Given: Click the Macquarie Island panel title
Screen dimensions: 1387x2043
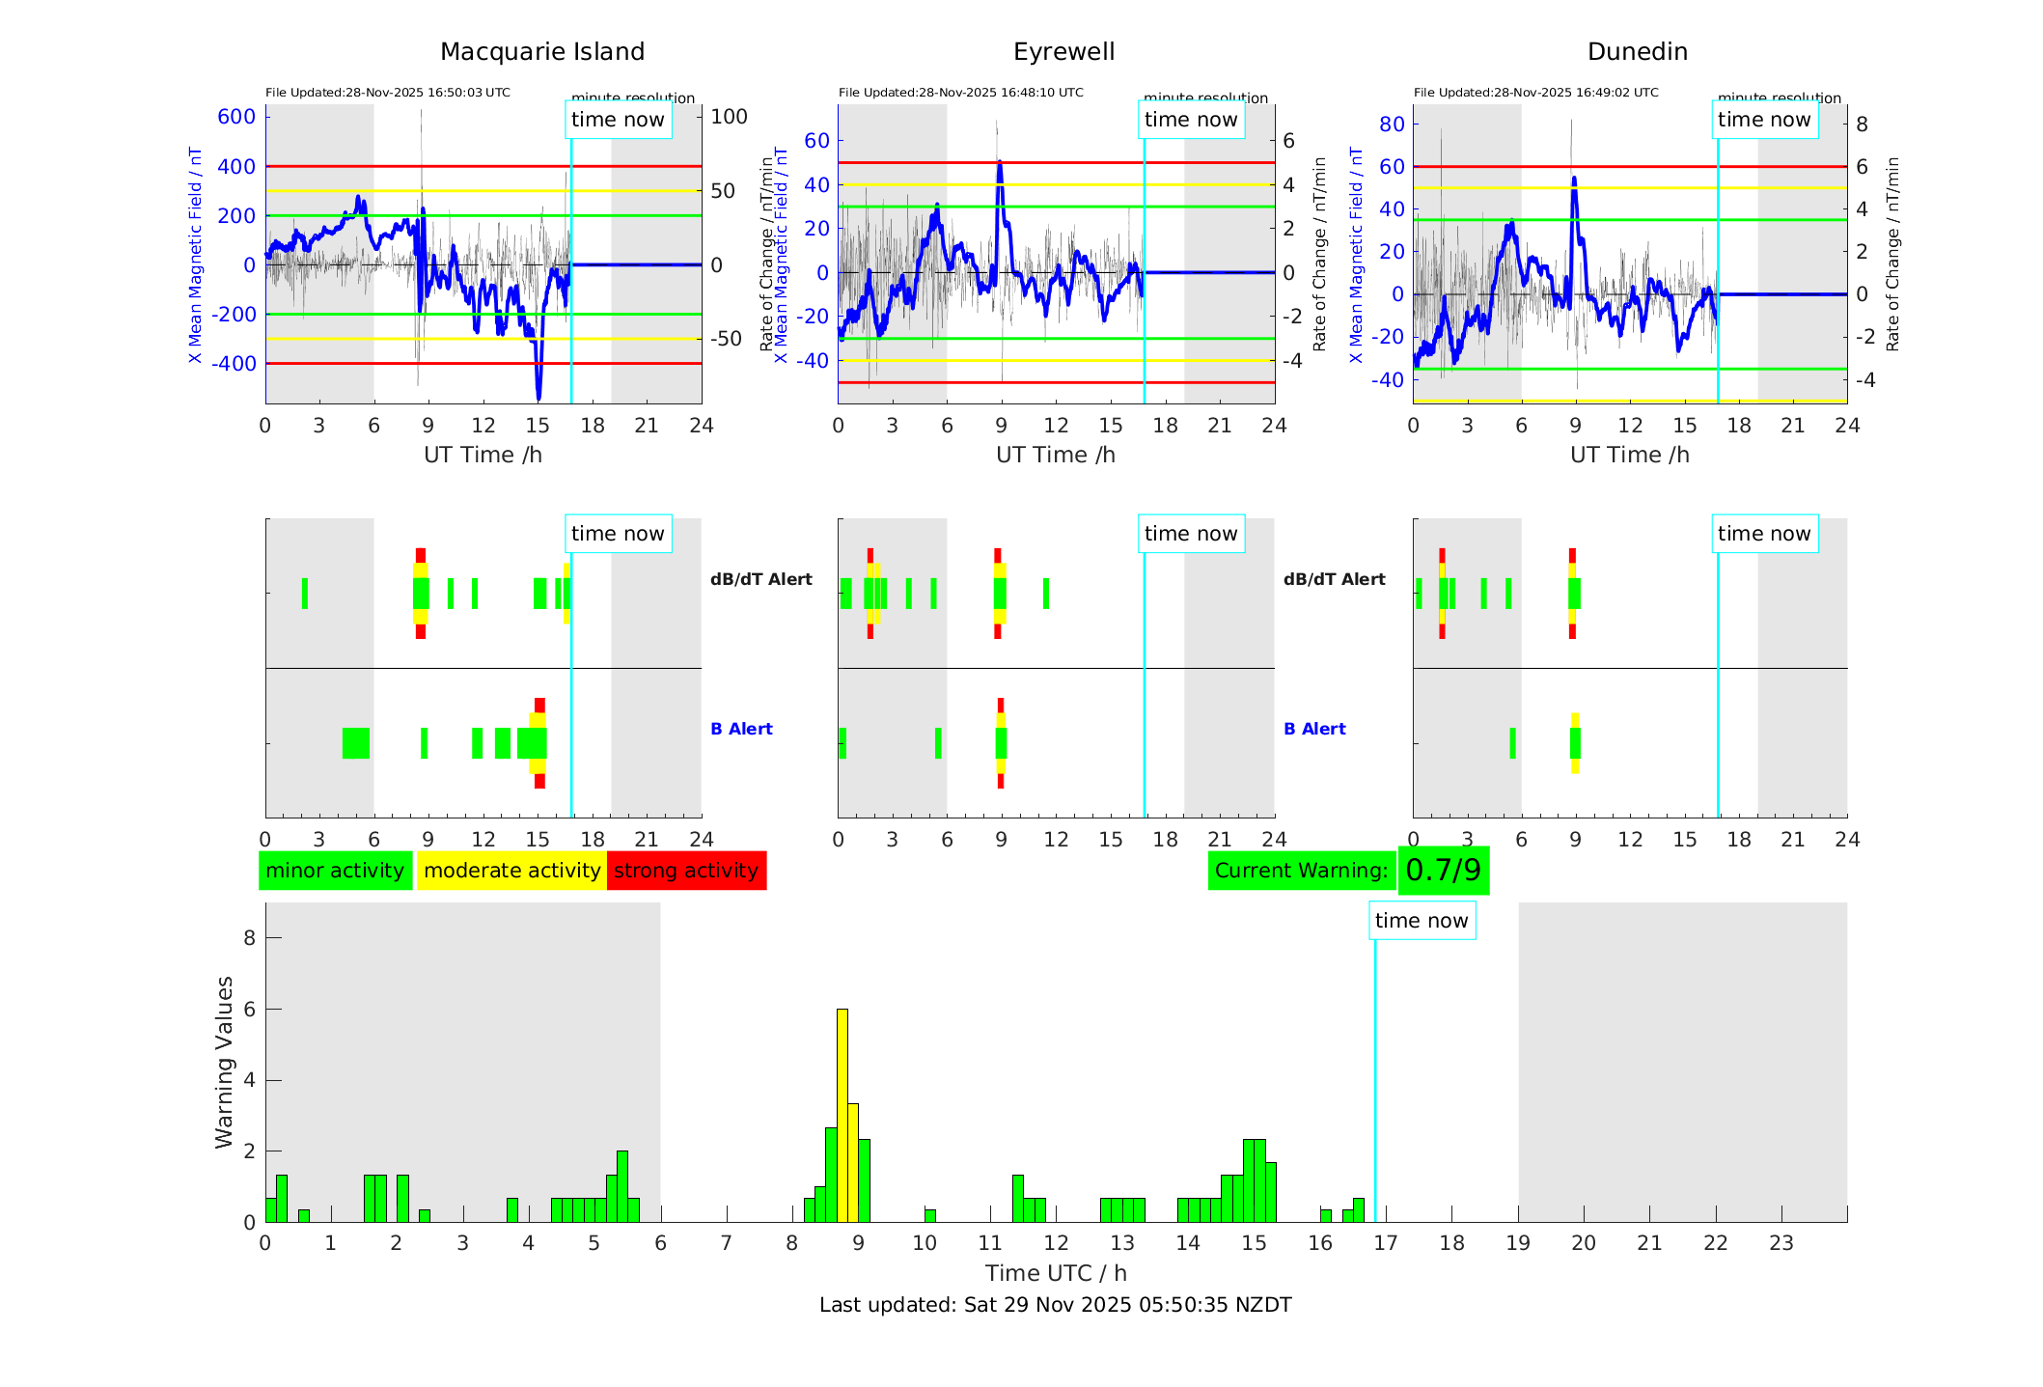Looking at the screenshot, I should (x=541, y=52).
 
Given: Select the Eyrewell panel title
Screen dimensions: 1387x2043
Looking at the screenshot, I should (x=1063, y=52).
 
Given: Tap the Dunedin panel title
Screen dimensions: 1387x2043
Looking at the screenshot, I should (x=1637, y=52).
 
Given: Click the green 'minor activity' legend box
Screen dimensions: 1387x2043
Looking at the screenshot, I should (x=335, y=871).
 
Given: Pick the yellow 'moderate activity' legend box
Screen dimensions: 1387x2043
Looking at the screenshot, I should (x=511, y=871).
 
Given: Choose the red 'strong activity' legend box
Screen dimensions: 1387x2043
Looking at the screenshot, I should (x=686, y=871).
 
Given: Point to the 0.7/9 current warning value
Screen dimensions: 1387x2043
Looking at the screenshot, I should (x=1443, y=871).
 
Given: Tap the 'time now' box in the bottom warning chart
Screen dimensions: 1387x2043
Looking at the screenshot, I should (x=1421, y=921).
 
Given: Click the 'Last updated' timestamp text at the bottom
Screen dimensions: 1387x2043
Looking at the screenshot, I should (x=1055, y=1305).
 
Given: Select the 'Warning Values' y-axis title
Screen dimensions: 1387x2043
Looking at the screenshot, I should (x=224, y=1062).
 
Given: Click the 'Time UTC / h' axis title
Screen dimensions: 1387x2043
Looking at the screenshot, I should (x=1055, y=1273).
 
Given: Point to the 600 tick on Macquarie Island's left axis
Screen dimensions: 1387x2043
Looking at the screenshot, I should (x=236, y=117).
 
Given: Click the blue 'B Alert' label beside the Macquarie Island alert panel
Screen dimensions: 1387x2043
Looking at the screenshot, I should (x=741, y=729).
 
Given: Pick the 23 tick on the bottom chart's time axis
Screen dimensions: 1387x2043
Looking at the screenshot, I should (x=1781, y=1243).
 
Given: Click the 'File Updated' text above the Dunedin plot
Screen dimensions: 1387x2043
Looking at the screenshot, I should (x=1535, y=93).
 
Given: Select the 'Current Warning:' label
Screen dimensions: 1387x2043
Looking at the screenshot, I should (x=1301, y=871).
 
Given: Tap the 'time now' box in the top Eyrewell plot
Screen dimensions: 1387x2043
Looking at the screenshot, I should (x=1190, y=120).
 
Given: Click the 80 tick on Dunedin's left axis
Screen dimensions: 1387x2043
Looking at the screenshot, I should (x=1392, y=124).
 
